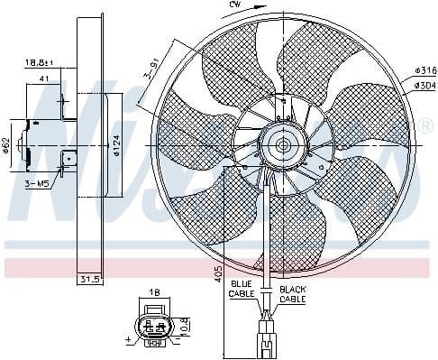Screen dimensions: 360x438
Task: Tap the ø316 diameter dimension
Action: (x=424, y=69)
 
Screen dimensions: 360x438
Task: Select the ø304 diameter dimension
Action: (x=424, y=85)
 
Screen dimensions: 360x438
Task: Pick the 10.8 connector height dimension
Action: (x=185, y=324)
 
